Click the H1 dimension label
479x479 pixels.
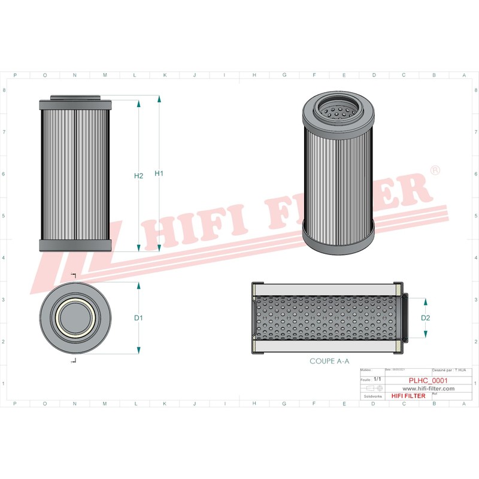[159, 174]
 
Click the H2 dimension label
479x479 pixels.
[138, 176]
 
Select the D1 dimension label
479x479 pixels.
[138, 317]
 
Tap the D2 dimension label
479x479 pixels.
[426, 317]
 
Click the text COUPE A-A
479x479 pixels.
[329, 361]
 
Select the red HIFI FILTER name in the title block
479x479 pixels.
[408, 396]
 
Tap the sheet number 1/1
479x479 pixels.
[377, 380]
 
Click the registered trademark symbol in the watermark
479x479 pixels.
[435, 171]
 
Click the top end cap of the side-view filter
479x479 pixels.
[75, 105]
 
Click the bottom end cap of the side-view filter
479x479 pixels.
[75, 245]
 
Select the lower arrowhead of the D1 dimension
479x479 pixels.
[138, 349]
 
